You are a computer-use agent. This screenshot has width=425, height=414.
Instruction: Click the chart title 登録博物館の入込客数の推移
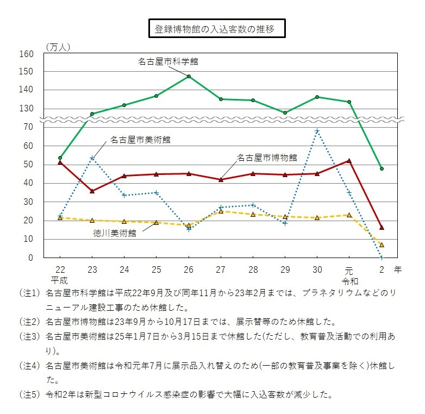217,29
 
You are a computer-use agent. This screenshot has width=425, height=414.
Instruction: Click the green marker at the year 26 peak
189,77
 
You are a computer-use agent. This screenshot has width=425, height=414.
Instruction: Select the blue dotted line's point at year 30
317,131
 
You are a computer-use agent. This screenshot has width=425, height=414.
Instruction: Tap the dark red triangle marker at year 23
92,191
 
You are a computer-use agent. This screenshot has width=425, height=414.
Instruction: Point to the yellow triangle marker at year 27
221,211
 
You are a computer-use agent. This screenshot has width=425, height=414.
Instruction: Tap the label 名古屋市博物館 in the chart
267,157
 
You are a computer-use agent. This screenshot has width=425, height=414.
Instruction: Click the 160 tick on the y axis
27,54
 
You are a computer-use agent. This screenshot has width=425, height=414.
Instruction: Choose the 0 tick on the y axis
32,258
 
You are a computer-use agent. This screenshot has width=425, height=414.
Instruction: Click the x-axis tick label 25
157,270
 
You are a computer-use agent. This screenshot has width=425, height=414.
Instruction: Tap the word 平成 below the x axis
60,280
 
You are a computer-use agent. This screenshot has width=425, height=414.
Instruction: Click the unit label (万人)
58,47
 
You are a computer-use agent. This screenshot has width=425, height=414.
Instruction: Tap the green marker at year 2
382,168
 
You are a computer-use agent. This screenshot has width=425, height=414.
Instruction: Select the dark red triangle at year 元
349,161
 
